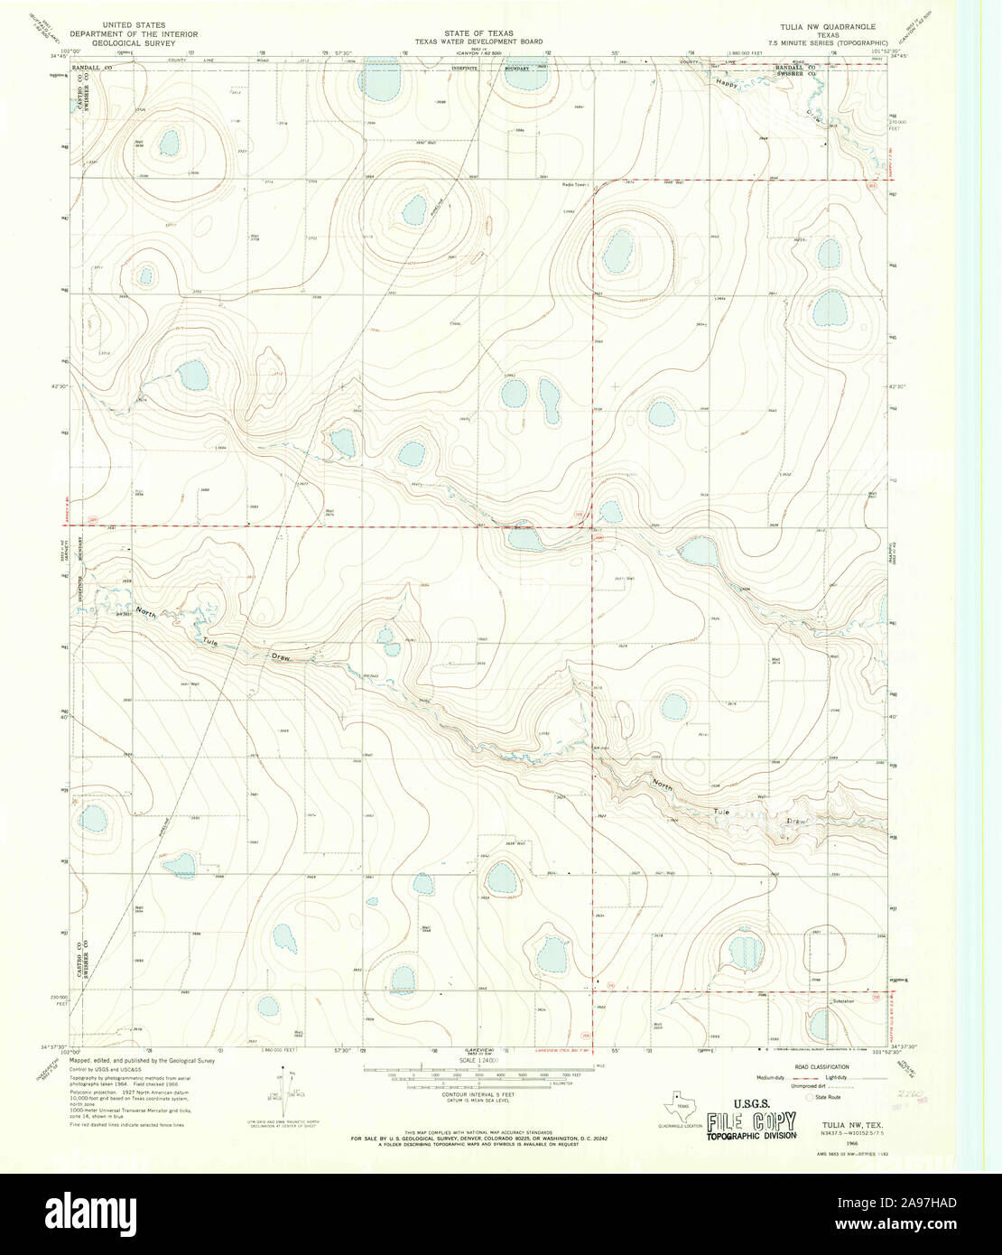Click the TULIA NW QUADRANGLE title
click(x=815, y=26)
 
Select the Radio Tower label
click(x=574, y=184)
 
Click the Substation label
click(x=841, y=1000)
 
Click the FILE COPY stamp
click(x=751, y=1122)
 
